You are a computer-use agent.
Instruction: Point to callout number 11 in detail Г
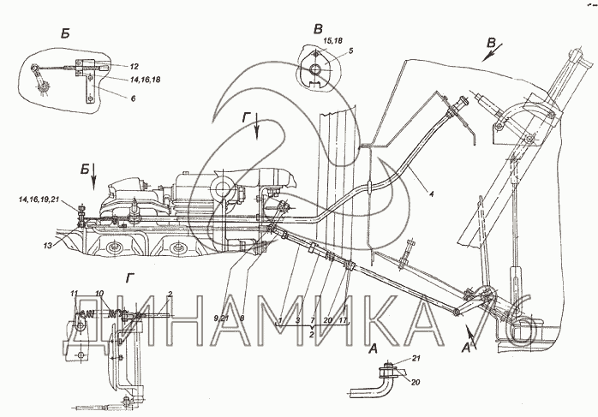[x=75, y=293]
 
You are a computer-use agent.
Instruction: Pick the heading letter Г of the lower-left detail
[x=129, y=277]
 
